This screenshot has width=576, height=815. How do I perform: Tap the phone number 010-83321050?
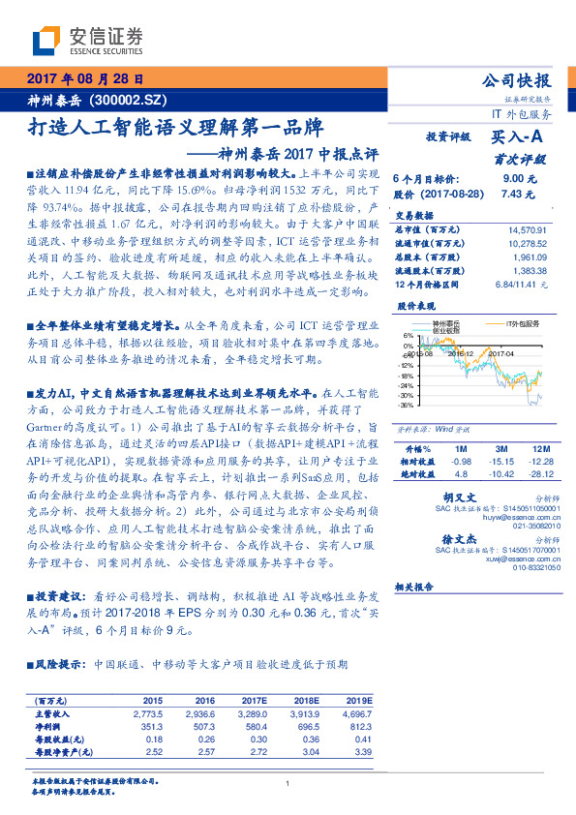531,568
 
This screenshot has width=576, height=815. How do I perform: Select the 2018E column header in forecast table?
307,699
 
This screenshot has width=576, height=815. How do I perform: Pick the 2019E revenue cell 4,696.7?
358,711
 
